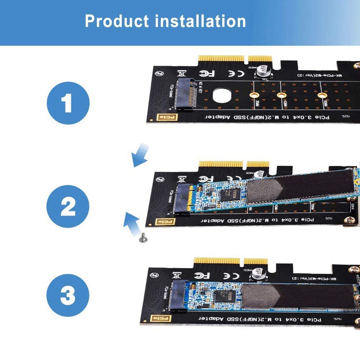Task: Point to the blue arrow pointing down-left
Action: (x=140, y=154)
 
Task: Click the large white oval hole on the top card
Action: (x=221, y=95)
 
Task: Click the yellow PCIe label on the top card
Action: (x=162, y=118)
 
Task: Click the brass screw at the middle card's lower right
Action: (x=346, y=220)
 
